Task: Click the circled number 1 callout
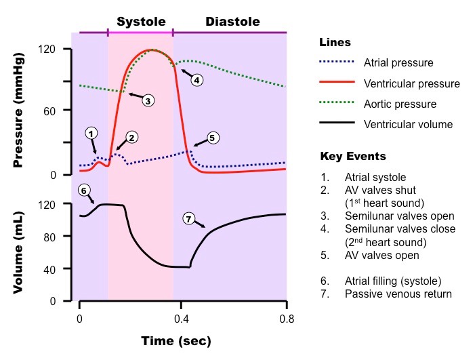point(91,133)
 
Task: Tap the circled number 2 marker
point(132,138)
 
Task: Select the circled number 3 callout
point(148,100)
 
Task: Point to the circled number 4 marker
point(197,80)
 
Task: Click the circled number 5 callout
point(212,138)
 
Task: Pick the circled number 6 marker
point(84,191)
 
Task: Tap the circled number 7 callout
point(189,218)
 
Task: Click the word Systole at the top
point(141,22)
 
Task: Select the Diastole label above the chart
point(232,22)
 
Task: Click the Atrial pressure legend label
point(398,63)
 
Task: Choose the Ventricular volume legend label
point(408,124)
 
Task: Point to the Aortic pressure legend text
point(400,104)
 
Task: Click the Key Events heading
point(353,157)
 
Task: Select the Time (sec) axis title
point(176,340)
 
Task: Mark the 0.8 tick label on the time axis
point(286,319)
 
